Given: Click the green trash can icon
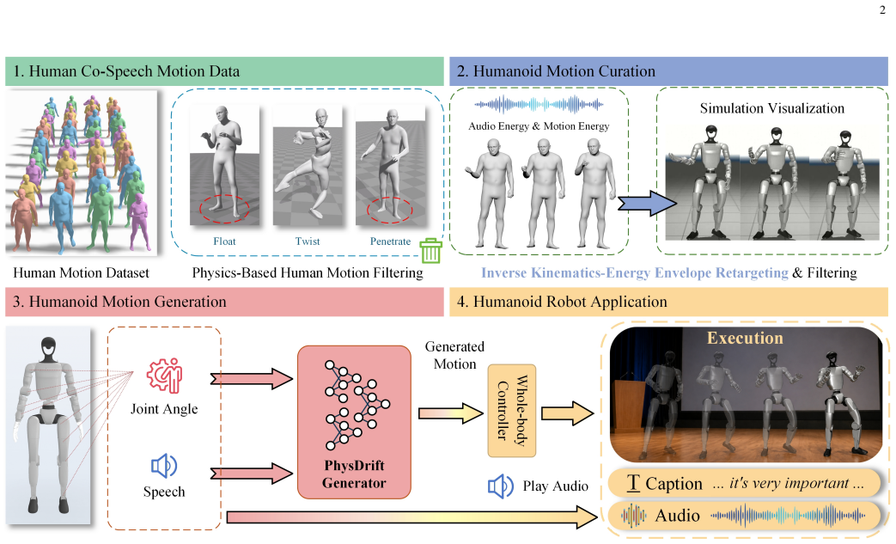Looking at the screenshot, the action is (x=431, y=250).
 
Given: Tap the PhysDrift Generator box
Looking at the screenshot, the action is (x=354, y=422).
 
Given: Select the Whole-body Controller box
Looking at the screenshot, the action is (x=512, y=410).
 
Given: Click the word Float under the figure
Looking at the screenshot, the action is (x=224, y=241).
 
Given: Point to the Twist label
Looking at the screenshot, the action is (x=308, y=241).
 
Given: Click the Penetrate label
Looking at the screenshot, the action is (x=390, y=241).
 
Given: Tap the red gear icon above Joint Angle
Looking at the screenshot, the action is (x=165, y=376).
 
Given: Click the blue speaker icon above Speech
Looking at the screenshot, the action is (x=164, y=467).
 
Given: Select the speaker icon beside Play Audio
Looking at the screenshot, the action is (x=500, y=486).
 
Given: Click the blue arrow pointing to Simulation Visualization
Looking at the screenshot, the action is (x=648, y=203).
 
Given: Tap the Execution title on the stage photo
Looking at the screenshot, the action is (x=745, y=338).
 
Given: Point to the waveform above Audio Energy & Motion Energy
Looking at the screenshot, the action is (x=539, y=105).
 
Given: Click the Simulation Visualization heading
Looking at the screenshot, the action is (x=772, y=108).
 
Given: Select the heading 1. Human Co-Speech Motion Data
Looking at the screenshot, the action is (x=126, y=71).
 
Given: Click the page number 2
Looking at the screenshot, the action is (x=882, y=9).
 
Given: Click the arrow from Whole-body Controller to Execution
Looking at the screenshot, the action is (x=568, y=413).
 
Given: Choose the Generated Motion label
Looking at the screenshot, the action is (x=454, y=356).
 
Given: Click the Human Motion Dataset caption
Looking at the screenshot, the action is (x=81, y=272).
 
